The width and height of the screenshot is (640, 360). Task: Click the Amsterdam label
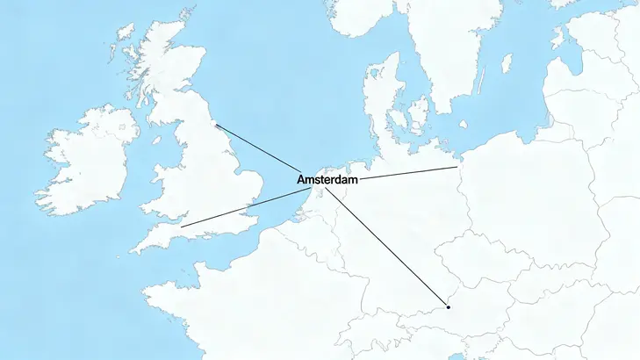tap(328, 180)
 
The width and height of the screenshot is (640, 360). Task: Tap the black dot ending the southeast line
tap(448, 307)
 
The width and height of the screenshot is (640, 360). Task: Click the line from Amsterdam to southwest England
tap(237, 210)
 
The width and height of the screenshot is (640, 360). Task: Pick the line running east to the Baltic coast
tap(408, 173)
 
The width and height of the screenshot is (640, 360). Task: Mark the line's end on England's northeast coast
tap(216, 125)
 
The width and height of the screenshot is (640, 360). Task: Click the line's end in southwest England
tap(181, 227)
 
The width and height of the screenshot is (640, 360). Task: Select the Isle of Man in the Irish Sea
tap(157, 139)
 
